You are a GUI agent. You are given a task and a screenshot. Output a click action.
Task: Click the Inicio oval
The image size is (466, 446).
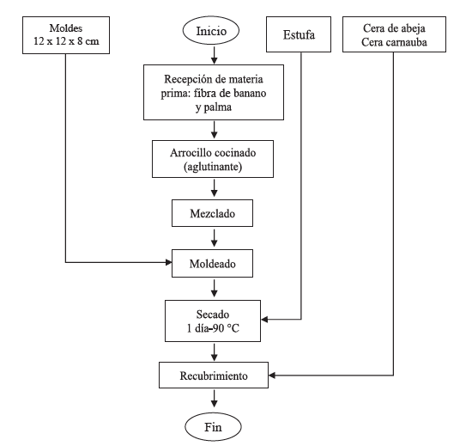coord(214,35)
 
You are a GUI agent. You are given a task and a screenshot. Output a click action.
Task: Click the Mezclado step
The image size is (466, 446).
coord(214,208)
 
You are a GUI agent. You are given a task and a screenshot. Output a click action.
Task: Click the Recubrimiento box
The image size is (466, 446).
coord(214,375)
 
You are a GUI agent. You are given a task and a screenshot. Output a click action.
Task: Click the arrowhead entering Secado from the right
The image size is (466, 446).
coord(269,320)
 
